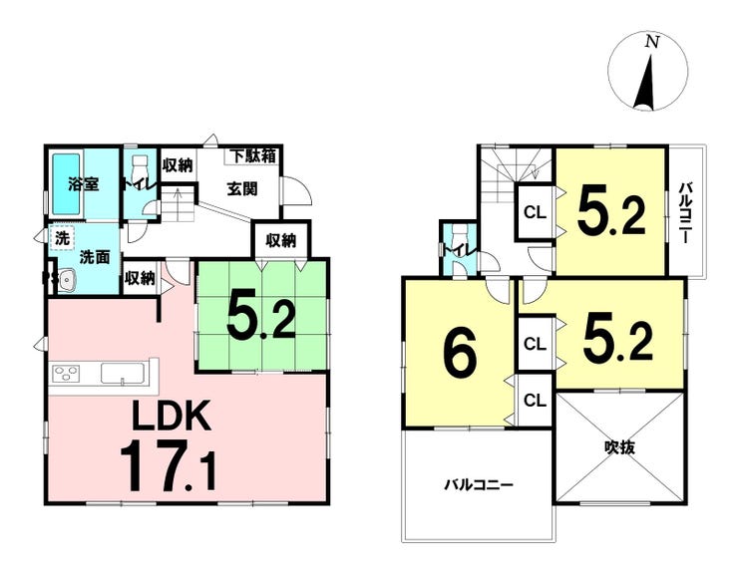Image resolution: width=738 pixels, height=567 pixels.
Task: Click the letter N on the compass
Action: click(651, 42)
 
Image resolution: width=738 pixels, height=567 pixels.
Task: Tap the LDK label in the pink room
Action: click(172, 417)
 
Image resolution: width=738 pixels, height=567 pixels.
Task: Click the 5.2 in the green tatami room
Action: click(261, 319)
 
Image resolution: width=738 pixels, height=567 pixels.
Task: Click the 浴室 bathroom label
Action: click(84, 183)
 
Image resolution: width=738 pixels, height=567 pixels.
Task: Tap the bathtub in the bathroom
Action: click(66, 183)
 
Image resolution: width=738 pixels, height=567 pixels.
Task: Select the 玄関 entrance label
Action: click(242, 189)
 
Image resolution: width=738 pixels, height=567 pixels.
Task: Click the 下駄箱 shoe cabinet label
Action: click(254, 156)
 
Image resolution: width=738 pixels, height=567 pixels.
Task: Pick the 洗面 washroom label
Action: click(94, 257)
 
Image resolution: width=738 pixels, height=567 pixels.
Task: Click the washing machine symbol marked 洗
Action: click(62, 240)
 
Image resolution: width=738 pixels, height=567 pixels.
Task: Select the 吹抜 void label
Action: click(620, 447)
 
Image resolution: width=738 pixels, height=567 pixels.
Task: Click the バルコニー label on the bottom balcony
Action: click(478, 484)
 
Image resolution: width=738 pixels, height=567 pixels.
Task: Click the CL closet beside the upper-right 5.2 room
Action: click(536, 212)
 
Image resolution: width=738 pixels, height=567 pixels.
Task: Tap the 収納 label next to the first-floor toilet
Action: click(178, 165)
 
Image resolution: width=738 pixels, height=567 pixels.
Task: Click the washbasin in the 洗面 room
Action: click(67, 280)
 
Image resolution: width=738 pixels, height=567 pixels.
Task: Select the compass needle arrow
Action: click(646, 84)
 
